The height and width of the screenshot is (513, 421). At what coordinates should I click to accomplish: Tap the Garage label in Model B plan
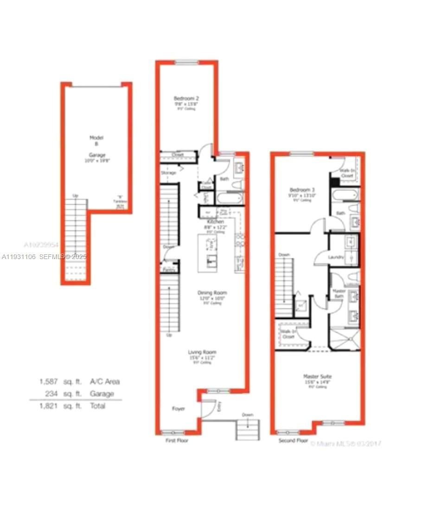click(x=96, y=156)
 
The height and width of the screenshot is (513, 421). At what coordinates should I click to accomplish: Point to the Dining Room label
click(x=212, y=293)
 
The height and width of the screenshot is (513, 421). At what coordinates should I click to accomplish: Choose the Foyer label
click(x=179, y=409)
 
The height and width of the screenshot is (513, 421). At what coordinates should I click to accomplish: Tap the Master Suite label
click(x=318, y=376)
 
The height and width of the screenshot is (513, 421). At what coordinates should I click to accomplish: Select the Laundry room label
click(x=335, y=257)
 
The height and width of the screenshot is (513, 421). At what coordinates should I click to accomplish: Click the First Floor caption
click(x=177, y=440)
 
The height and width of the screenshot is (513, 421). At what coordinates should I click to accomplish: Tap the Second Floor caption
click(x=293, y=440)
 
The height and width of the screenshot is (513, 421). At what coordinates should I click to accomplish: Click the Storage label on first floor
click(x=168, y=173)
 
